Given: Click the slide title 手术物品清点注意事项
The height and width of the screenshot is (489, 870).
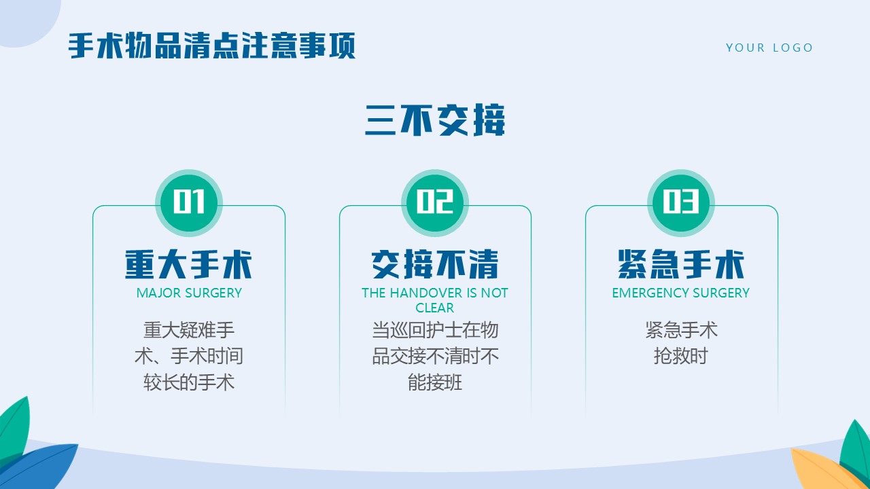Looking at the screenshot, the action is pyautogui.click(x=211, y=46).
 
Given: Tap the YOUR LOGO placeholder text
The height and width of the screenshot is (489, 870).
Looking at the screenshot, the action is pyautogui.click(x=769, y=48).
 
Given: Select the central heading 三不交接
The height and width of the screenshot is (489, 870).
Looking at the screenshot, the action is pyautogui.click(x=435, y=120).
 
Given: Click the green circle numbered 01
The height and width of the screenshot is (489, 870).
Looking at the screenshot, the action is pyautogui.click(x=189, y=202).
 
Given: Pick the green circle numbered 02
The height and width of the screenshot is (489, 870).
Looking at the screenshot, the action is pyautogui.click(x=435, y=202).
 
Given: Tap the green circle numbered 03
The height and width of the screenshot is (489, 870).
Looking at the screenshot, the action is pyautogui.click(x=681, y=202).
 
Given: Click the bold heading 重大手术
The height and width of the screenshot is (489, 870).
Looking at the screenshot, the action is pyautogui.click(x=189, y=264).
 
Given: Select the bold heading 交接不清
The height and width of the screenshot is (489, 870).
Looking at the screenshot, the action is pyautogui.click(x=435, y=264).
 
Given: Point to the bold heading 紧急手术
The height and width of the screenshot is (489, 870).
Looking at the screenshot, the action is pyautogui.click(x=681, y=264).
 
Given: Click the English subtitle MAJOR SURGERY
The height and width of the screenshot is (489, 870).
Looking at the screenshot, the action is pyautogui.click(x=189, y=293).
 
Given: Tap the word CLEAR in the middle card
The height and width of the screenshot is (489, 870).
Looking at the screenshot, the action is pyautogui.click(x=434, y=308).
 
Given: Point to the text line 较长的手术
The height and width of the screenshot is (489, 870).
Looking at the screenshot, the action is pyautogui.click(x=189, y=382).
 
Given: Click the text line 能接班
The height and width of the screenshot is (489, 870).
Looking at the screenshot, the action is pyautogui.click(x=435, y=382).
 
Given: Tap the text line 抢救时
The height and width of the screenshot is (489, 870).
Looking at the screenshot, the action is pyautogui.click(x=681, y=355).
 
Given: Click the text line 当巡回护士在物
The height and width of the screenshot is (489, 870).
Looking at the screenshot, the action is pyautogui.click(x=435, y=329).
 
